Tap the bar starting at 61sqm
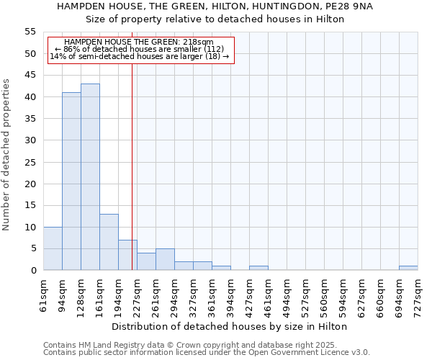(x=53, y=248)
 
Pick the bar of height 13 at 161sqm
(x=109, y=242)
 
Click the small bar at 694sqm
(x=408, y=268)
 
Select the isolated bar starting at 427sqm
(x=258, y=268)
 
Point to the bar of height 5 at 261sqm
(x=165, y=259)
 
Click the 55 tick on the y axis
(x=30, y=32)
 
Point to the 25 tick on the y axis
(x=30, y=162)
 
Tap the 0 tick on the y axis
(x=33, y=270)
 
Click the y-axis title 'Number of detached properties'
(x=7, y=155)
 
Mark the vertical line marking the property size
(x=132, y=166)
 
